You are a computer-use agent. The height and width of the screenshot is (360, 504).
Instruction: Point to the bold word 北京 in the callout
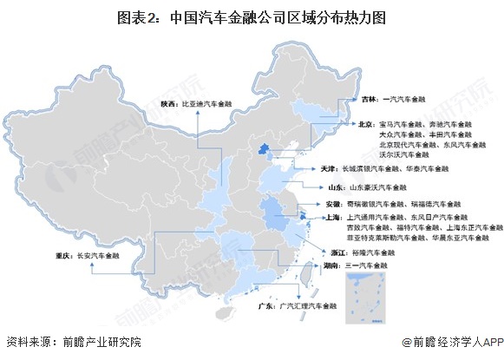coord(366,125)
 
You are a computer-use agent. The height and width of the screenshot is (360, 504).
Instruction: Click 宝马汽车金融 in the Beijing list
coord(401,125)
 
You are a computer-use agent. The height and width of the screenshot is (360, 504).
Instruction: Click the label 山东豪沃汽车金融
coord(370,187)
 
